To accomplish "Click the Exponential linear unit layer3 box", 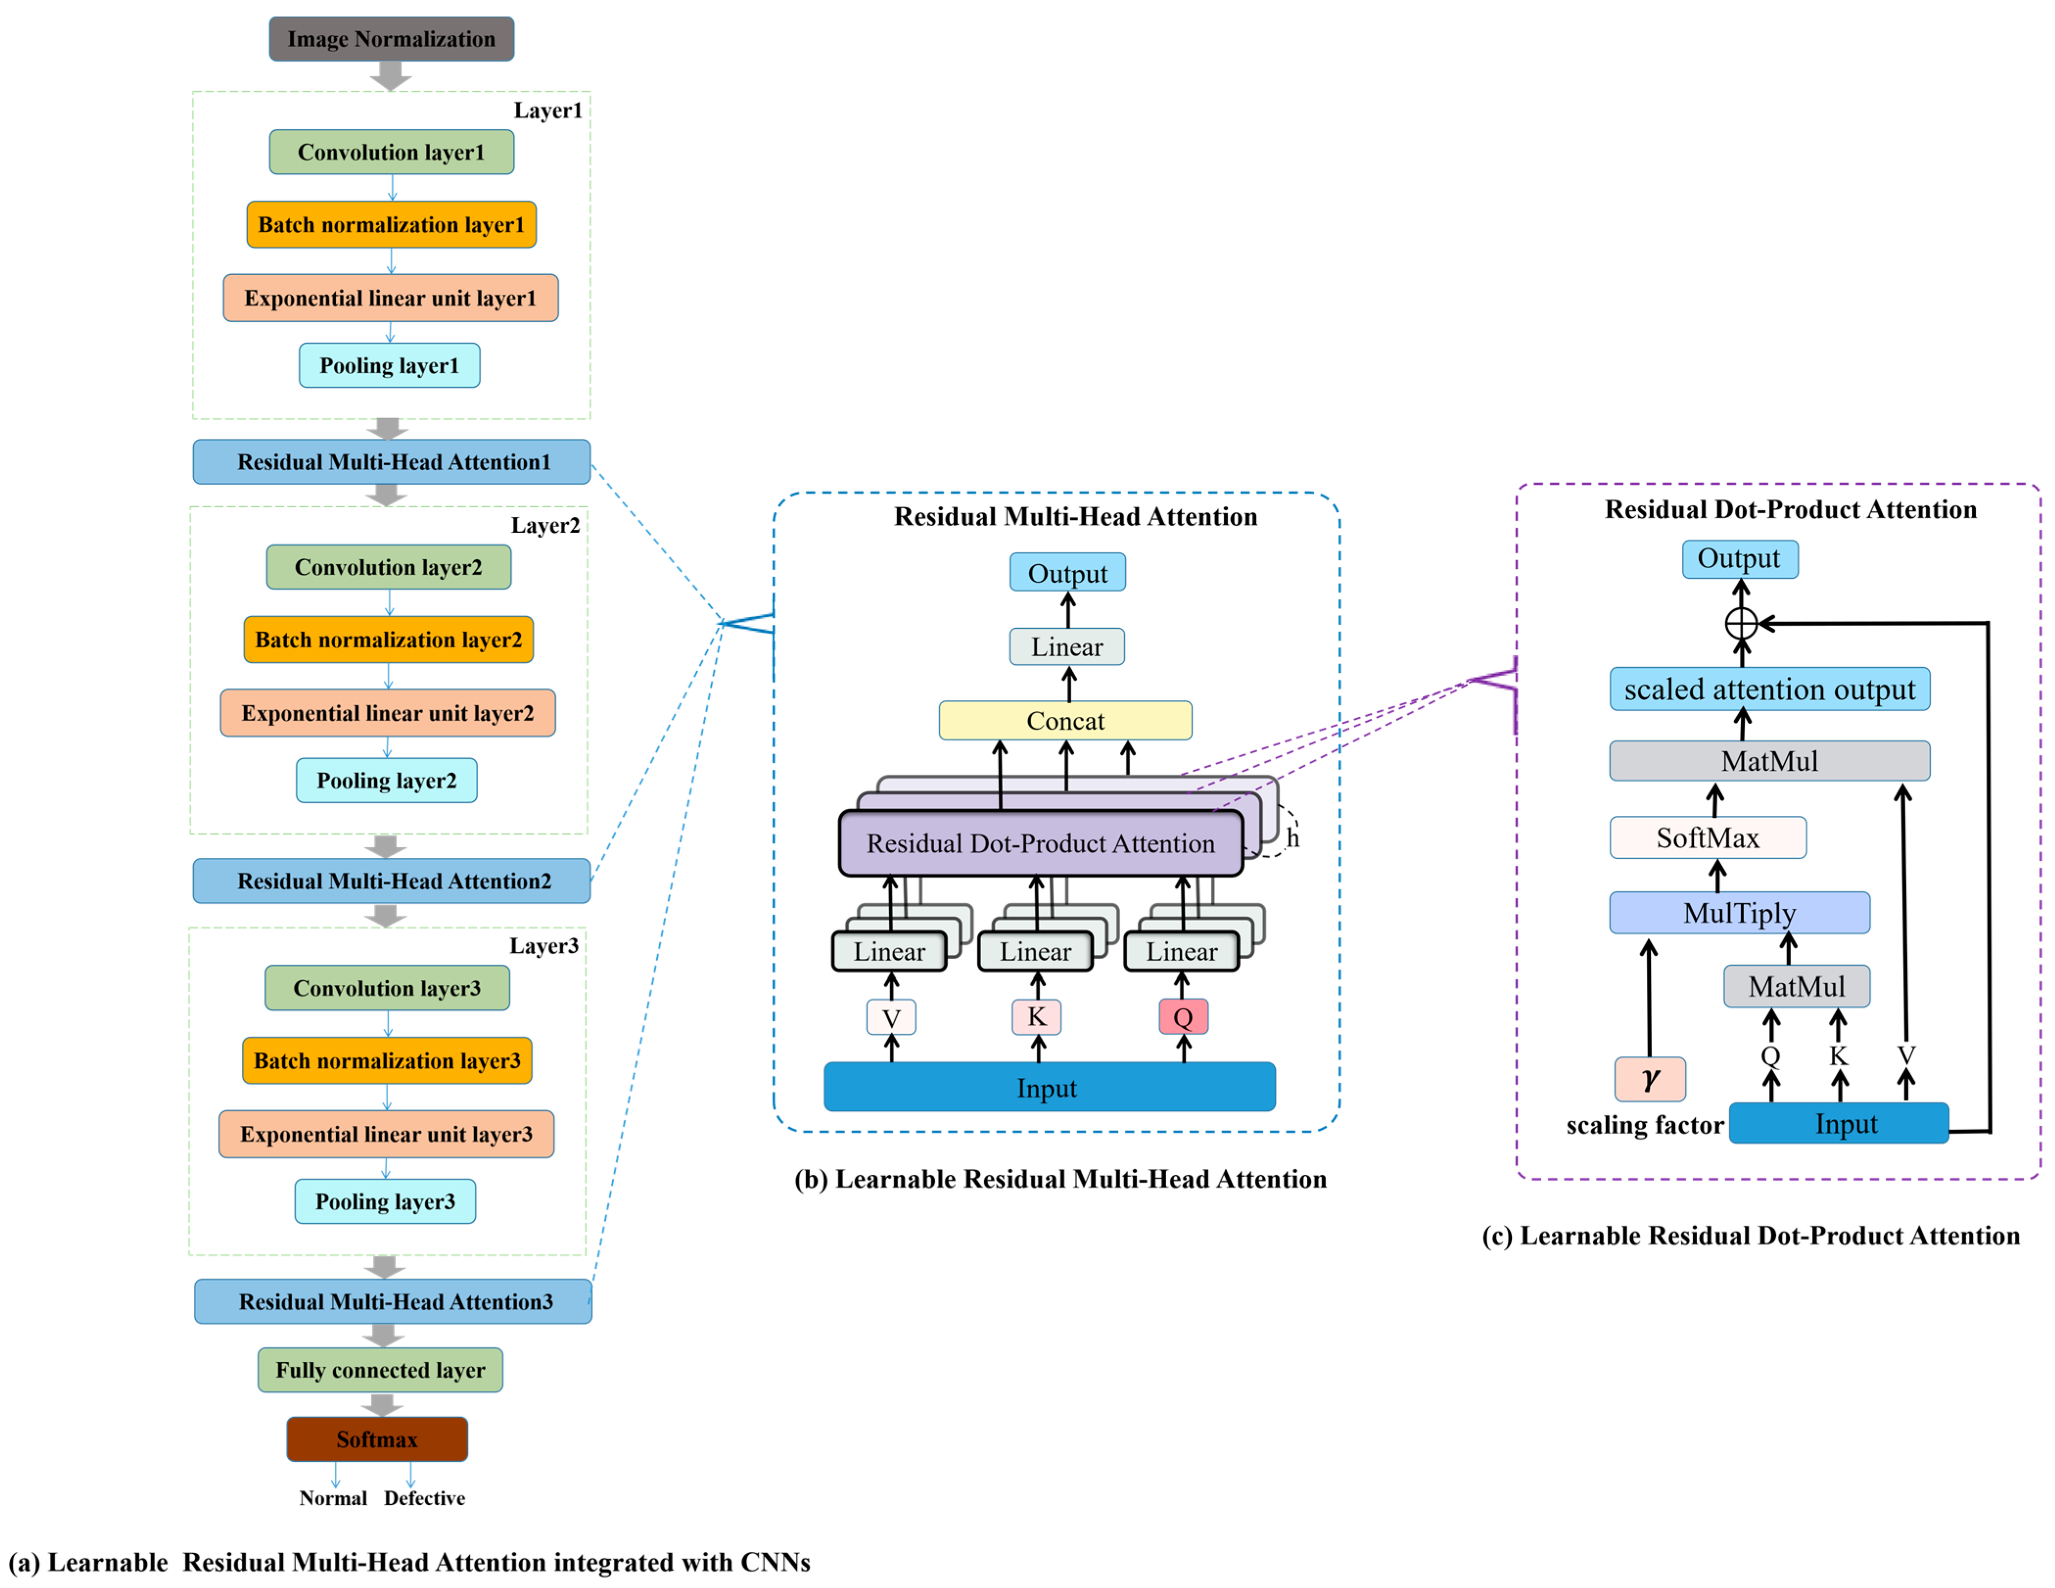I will pos(386,1134).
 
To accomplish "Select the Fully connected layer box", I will pos(380,1370).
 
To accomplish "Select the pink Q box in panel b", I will pos(1183,1017).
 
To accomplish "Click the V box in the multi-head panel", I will pos(891,1018).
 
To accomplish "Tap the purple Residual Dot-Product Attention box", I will pos(1039,843).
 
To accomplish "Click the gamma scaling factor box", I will pos(1649,1079).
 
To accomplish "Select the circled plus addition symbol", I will pos(1741,623).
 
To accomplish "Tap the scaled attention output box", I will pos(1769,689).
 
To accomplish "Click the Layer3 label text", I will pos(544,945).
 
